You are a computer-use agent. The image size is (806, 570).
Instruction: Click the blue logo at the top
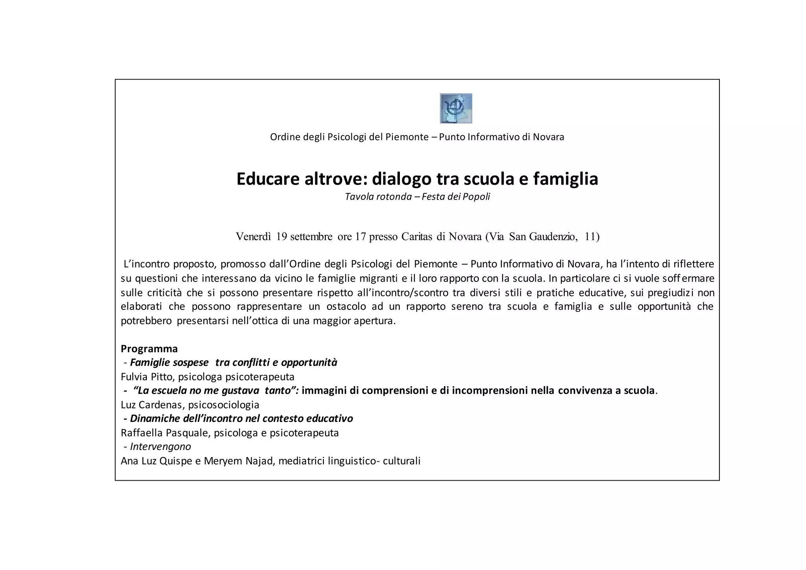point(456,108)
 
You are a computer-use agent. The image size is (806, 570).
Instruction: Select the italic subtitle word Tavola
point(359,196)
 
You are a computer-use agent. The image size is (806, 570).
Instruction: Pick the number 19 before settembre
point(282,237)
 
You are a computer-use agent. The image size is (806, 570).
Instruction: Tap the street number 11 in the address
point(592,237)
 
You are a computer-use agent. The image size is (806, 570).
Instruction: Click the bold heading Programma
point(149,349)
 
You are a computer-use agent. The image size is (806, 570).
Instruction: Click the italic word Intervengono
point(161,447)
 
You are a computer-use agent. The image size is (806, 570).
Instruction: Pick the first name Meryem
point(221,461)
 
